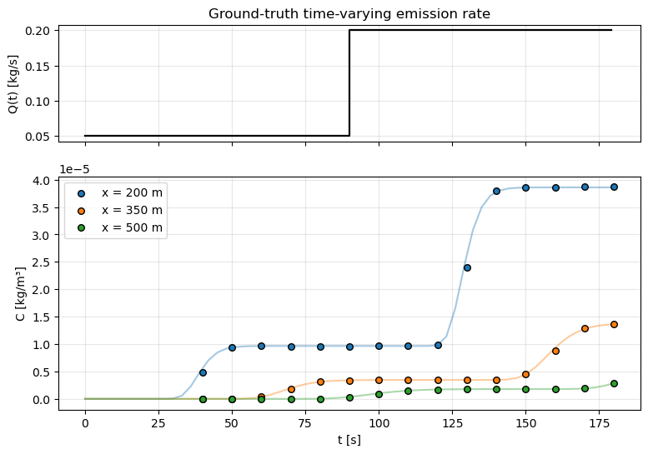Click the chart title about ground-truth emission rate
(349, 13)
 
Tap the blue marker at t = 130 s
(467, 267)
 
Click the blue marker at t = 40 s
(203, 372)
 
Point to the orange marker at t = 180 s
(614, 324)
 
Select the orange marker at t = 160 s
(555, 351)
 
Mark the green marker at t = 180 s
(614, 383)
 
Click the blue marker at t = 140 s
(496, 191)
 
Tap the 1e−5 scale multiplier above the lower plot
(76, 169)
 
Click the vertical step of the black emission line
(349, 83)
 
